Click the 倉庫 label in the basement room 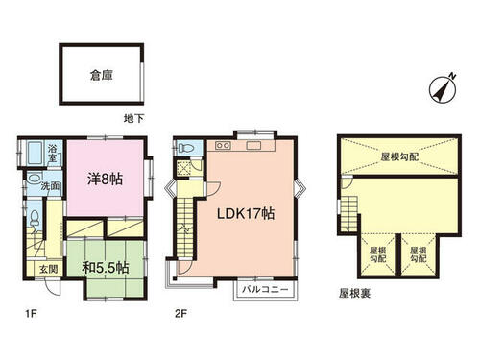(x=102, y=74)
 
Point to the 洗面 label (x=51, y=184)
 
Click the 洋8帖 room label (x=105, y=178)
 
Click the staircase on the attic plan (x=351, y=204)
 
